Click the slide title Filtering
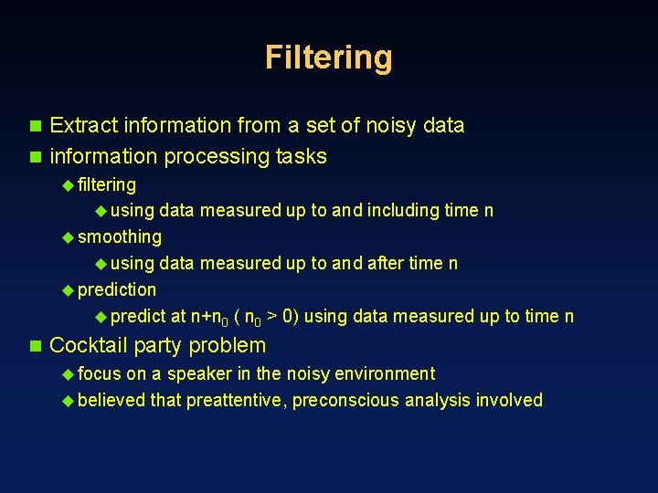coord(329,58)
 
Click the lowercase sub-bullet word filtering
coord(107,184)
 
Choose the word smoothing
coord(120,237)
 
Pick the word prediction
coord(117,290)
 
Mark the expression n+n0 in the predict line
coord(209,317)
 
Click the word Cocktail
coord(88,345)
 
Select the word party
coord(156,346)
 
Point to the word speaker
coord(198,373)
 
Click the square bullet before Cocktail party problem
coord(36,346)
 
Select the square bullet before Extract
coord(36,125)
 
